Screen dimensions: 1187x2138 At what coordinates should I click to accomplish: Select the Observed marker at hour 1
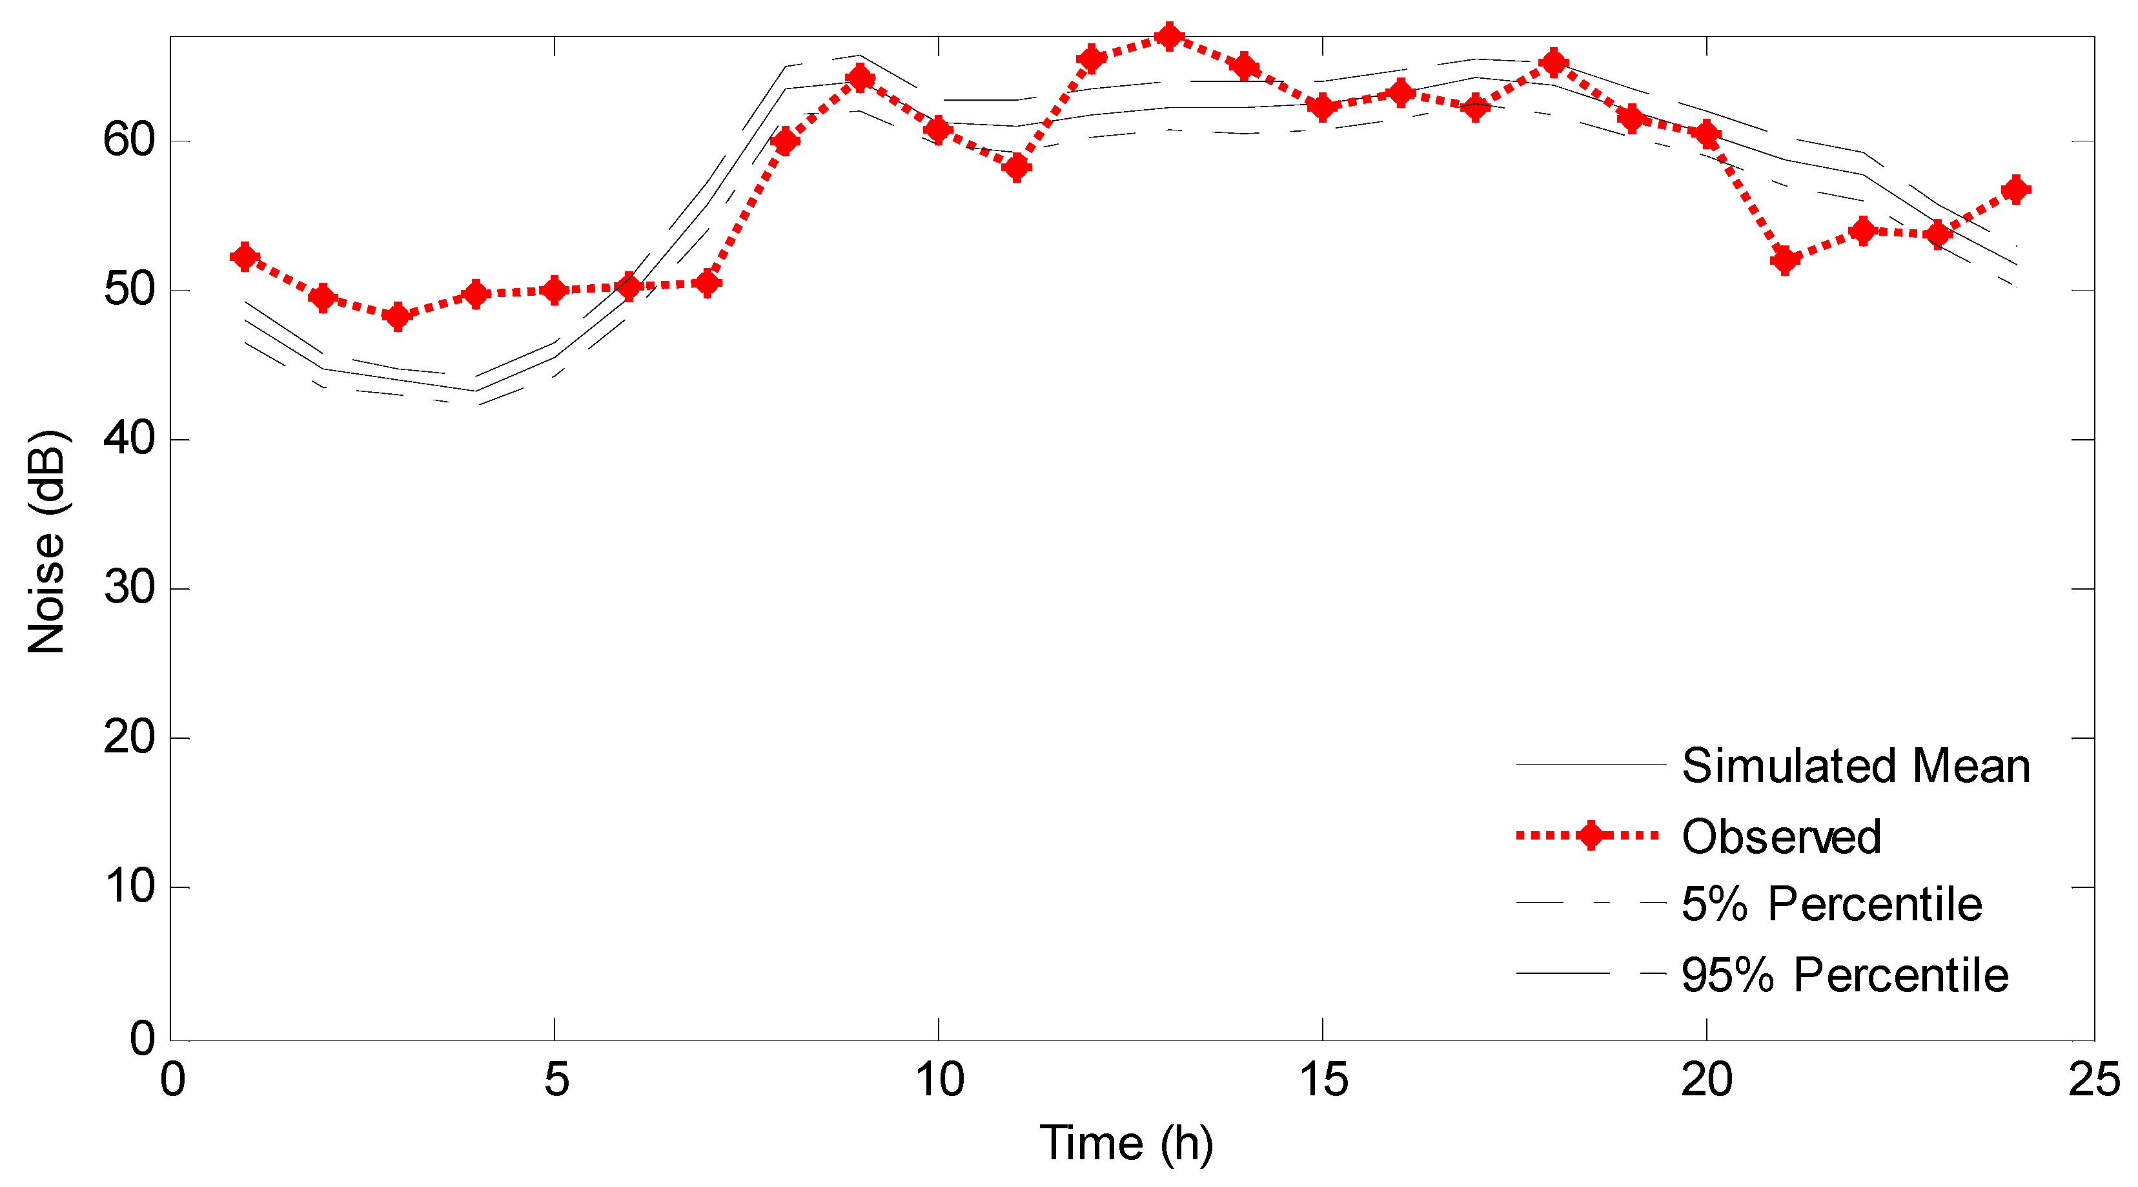coord(245,256)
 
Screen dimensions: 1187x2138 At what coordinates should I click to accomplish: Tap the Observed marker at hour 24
coord(2016,189)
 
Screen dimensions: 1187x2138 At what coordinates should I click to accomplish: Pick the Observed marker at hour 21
coord(1784,260)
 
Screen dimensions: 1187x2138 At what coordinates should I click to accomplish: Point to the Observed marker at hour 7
coord(707,283)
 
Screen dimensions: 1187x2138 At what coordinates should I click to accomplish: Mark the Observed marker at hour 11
coord(1016,168)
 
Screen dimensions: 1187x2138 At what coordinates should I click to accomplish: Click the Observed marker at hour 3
coord(398,316)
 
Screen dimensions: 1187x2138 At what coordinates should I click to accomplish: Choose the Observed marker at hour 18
coord(1554,62)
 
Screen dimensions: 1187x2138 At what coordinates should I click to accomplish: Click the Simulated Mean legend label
coord(1856,765)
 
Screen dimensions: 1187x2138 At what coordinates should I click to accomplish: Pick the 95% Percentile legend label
coord(1844,975)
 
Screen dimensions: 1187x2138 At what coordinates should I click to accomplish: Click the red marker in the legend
coord(1590,835)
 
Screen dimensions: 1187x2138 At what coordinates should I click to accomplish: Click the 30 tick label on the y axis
coord(130,588)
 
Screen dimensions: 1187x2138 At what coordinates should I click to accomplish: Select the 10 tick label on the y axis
coord(130,887)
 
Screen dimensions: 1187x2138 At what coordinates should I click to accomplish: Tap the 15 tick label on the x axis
coord(1323,1080)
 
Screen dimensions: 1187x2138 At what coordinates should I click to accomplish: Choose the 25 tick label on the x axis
coord(2093,1080)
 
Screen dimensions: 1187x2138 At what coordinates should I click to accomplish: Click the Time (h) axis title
coord(1126,1143)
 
